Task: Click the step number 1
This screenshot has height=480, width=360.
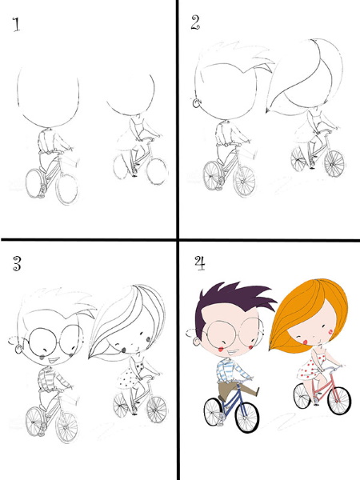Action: (x=17, y=25)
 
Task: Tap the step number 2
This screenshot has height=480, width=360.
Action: (x=195, y=22)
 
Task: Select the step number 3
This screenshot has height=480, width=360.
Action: (x=17, y=264)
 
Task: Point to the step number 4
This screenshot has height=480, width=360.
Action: (x=200, y=263)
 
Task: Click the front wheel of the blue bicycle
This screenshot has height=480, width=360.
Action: (x=247, y=417)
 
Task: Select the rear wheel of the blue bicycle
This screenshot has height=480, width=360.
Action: (x=214, y=412)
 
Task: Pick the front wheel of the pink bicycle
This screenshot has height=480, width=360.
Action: (x=339, y=401)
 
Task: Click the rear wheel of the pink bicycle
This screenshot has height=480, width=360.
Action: (x=302, y=396)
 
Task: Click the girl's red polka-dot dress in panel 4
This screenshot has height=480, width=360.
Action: (x=309, y=368)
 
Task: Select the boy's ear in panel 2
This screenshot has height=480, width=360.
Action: (x=196, y=103)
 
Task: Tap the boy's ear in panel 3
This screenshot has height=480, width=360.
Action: (x=19, y=349)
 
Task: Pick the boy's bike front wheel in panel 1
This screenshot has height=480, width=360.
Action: (x=67, y=188)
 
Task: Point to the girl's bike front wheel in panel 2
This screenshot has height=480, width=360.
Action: (x=334, y=163)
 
